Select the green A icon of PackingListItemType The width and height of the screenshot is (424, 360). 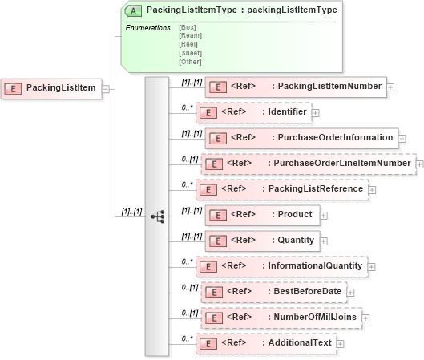[x=136, y=10]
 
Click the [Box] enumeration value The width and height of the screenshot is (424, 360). [x=187, y=26]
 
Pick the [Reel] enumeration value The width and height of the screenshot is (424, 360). [x=188, y=44]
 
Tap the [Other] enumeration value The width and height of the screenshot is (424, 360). [x=191, y=62]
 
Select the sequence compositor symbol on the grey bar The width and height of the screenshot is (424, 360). [x=157, y=216]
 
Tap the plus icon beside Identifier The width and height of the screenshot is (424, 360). [x=316, y=113]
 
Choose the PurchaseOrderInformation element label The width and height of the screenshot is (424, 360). [x=335, y=138]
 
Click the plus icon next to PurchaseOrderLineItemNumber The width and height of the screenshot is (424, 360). [x=418, y=164]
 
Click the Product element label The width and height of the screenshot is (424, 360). [x=294, y=214]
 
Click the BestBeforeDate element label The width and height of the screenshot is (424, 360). [x=309, y=291]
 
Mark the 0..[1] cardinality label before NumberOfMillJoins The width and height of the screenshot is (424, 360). [x=189, y=313]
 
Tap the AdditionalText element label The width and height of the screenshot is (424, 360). [x=299, y=342]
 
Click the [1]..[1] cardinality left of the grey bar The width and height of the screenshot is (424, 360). [x=131, y=212]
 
